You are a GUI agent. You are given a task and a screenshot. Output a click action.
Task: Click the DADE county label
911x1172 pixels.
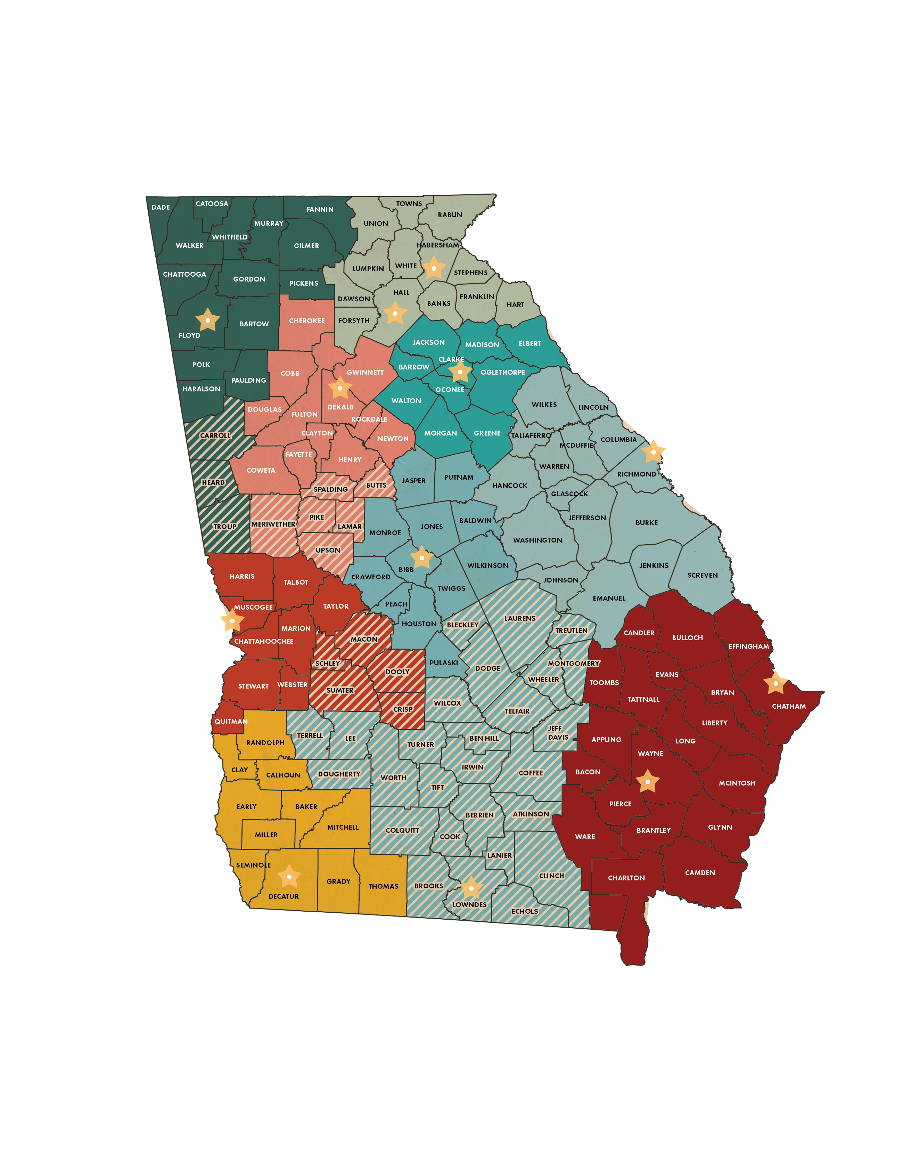pyautogui.click(x=161, y=207)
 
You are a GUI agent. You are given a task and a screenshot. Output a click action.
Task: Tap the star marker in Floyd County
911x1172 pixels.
pyautogui.click(x=208, y=320)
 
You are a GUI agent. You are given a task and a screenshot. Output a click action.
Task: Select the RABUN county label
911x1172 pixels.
pyautogui.click(x=450, y=215)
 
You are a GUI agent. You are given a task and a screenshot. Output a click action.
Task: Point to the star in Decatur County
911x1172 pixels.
pyautogui.click(x=289, y=877)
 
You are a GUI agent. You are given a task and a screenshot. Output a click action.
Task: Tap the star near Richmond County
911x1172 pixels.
pyautogui.click(x=653, y=453)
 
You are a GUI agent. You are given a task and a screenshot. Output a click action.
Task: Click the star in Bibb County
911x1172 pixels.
pyautogui.click(x=422, y=558)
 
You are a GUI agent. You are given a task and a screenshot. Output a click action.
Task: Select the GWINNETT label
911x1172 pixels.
pyautogui.click(x=365, y=373)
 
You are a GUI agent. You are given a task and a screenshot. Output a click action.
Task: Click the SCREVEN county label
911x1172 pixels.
pyautogui.click(x=702, y=575)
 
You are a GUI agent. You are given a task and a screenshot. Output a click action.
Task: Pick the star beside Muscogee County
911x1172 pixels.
pyautogui.click(x=232, y=621)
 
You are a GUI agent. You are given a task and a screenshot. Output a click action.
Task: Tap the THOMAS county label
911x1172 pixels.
pyautogui.click(x=383, y=887)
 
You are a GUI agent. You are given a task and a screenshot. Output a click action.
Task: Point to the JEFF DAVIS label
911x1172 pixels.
pyautogui.click(x=557, y=733)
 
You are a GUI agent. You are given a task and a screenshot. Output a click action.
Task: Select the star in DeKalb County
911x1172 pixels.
pyautogui.click(x=339, y=388)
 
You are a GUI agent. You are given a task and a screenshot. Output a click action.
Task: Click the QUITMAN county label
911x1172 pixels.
pyautogui.click(x=231, y=722)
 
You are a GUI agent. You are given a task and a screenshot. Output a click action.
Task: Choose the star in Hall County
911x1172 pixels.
pyautogui.click(x=395, y=314)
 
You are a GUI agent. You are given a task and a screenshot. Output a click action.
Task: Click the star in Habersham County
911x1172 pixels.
pyautogui.click(x=434, y=268)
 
